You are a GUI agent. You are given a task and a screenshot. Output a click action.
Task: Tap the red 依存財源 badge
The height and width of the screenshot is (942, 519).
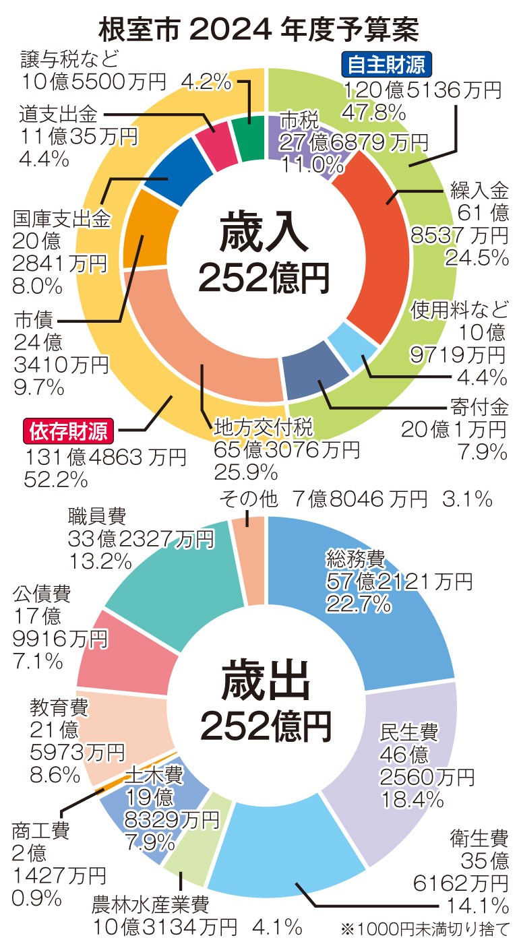coord(69,429)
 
